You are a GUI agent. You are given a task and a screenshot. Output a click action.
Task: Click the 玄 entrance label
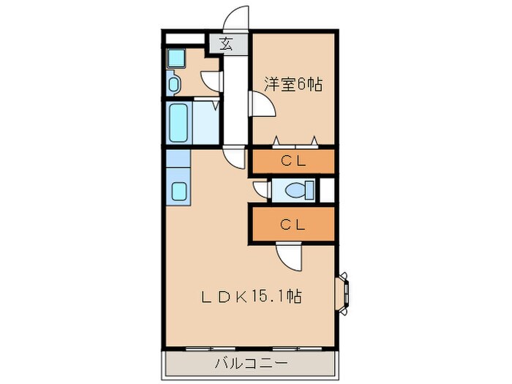[x=226, y=43]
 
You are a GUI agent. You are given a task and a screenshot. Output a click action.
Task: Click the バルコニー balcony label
[x=251, y=362]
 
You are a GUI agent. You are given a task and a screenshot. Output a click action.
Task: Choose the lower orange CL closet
[x=293, y=225]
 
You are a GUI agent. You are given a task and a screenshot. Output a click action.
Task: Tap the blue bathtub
[x=178, y=123]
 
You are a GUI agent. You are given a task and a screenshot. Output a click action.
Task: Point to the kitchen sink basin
[x=178, y=192]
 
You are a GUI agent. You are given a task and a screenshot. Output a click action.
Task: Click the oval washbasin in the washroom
[x=173, y=85]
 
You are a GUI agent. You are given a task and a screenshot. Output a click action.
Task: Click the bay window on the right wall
[x=342, y=292]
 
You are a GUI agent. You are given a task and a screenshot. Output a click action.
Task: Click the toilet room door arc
[x=260, y=190]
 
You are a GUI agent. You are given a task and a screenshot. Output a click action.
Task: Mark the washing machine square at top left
[x=176, y=57]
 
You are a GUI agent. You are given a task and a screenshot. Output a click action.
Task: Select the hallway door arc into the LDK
[x=236, y=158]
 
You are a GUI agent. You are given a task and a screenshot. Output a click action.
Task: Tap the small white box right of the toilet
[x=327, y=191]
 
